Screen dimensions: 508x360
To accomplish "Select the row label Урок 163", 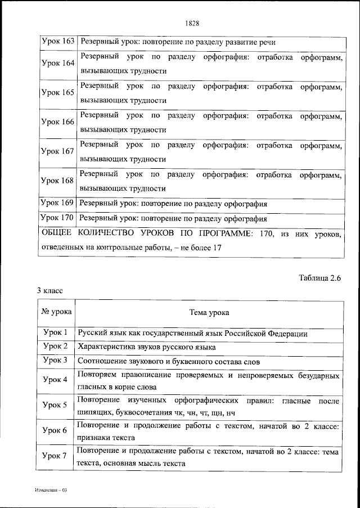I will [x=58, y=42].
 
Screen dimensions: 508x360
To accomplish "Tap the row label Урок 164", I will [x=58, y=64].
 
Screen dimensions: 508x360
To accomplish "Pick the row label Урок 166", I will [x=58, y=122].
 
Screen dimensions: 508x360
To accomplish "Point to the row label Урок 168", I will [x=58, y=181].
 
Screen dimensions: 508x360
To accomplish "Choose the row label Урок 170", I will [x=58, y=218].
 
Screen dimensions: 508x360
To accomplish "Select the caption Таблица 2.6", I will [x=320, y=277].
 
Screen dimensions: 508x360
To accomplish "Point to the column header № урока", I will [x=56, y=312].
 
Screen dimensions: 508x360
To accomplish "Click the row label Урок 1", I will [x=56, y=332].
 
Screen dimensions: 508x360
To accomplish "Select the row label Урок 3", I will [x=56, y=360].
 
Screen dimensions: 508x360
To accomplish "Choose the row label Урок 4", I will [x=56, y=380].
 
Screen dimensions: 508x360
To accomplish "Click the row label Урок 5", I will [x=56, y=405].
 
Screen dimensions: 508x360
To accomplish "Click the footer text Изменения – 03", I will [x=50, y=491].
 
